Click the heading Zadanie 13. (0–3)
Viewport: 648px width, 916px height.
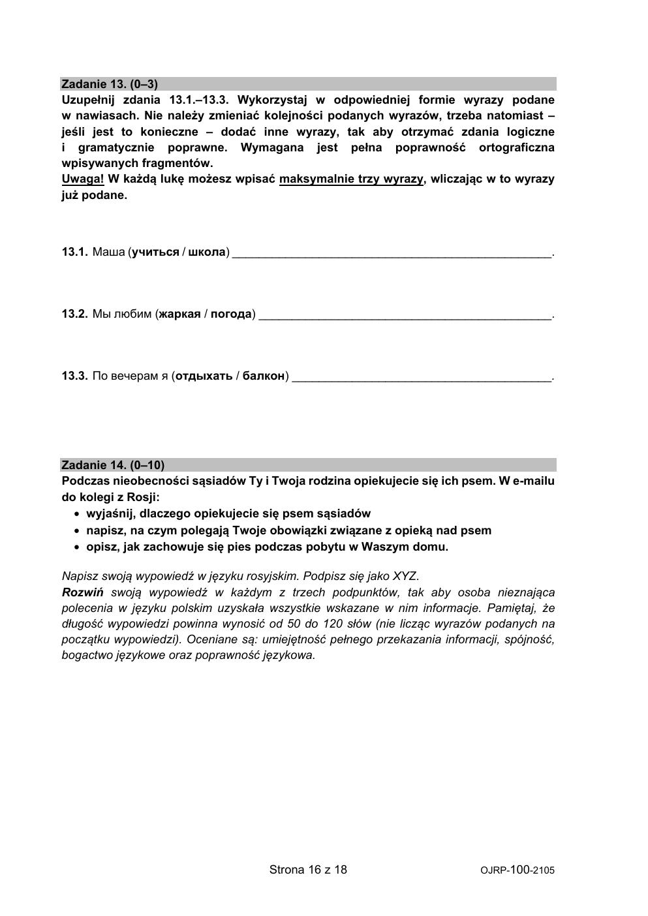coord(110,84)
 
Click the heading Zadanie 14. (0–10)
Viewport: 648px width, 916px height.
coord(113,465)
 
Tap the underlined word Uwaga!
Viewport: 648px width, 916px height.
coord(83,179)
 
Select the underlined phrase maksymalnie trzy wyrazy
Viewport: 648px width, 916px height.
coord(351,179)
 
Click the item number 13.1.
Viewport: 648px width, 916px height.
coord(74,252)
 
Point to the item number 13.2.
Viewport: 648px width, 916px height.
coord(74,314)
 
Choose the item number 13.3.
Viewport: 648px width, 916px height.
coord(74,376)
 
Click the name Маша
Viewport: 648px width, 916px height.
coord(108,252)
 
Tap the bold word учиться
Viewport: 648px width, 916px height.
coord(155,252)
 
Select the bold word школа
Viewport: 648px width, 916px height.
coord(207,252)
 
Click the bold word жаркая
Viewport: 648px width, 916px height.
coord(179,314)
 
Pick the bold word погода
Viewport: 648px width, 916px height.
coord(231,314)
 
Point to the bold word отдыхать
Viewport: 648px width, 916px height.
coord(204,376)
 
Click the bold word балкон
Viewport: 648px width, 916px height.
coord(264,376)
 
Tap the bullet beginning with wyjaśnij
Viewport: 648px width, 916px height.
coord(228,513)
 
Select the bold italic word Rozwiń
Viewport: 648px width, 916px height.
coord(83,592)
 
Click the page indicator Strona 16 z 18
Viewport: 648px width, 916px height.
coord(308,870)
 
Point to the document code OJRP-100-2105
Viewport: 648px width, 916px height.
coord(517,870)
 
